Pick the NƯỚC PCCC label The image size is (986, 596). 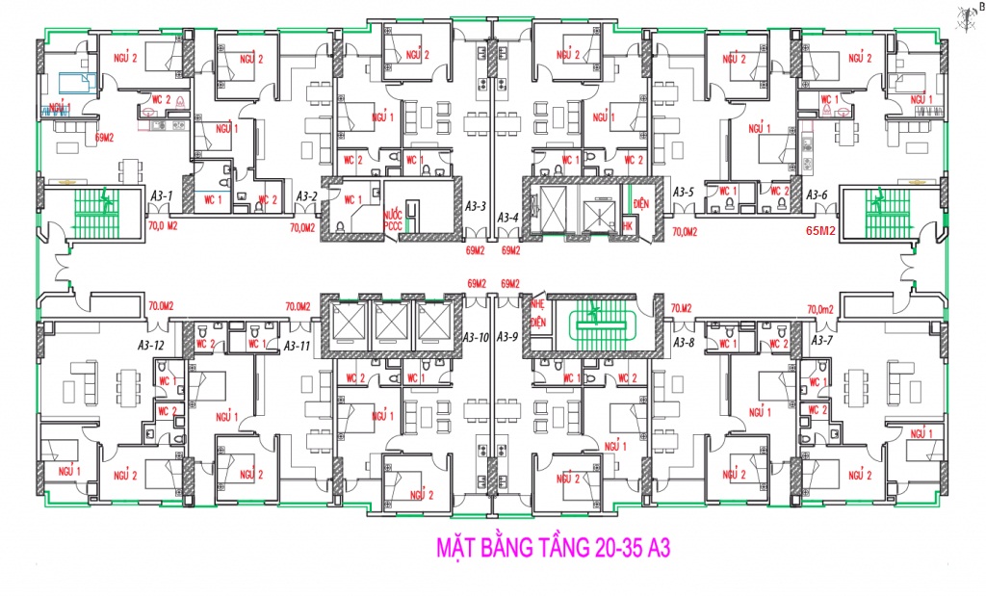coord(392,221)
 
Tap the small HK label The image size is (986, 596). coord(627,225)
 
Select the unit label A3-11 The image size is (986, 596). coord(297,344)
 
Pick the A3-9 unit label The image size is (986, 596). coord(509,337)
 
